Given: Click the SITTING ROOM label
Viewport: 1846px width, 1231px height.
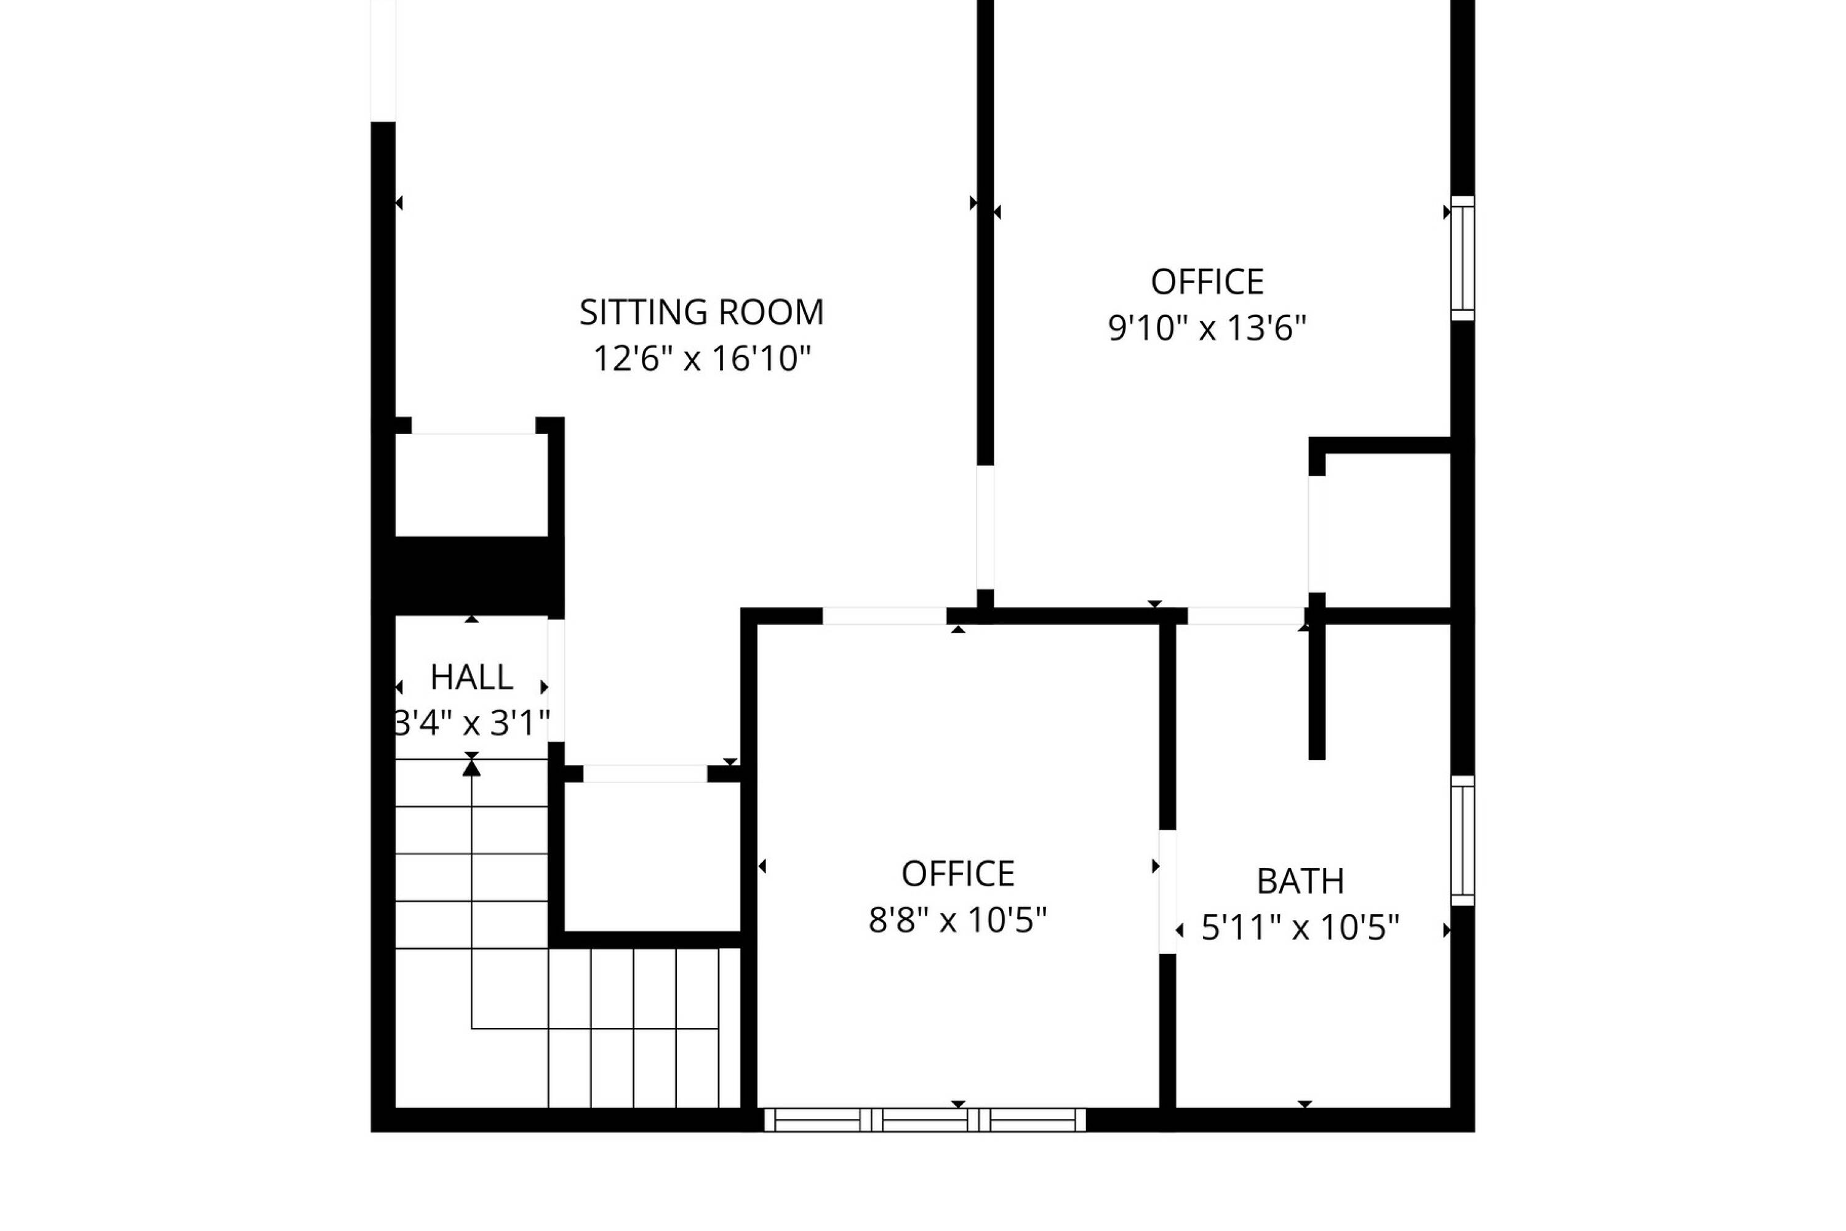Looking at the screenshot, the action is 701,313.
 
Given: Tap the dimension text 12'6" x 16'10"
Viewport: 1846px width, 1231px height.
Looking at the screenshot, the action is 701,359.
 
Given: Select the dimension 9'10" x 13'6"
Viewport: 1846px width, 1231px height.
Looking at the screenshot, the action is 1207,328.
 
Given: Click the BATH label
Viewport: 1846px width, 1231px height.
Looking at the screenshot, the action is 1301,881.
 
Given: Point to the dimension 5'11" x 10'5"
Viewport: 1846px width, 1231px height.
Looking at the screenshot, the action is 1301,928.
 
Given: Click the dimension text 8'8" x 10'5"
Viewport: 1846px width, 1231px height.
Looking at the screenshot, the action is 957,920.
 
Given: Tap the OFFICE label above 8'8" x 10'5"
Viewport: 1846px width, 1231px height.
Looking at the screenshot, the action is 957,874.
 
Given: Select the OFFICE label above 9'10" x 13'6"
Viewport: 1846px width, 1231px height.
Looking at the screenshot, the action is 1207,282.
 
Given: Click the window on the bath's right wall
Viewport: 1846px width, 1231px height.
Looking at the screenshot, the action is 1463,841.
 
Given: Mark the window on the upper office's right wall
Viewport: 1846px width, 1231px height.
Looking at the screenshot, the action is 1463,259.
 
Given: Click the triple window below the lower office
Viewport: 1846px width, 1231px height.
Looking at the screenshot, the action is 925,1120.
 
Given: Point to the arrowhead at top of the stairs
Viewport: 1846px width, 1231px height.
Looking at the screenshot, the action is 472,767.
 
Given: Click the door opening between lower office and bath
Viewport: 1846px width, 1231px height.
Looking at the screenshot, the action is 1168,892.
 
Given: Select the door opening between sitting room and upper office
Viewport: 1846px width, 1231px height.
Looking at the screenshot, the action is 985,527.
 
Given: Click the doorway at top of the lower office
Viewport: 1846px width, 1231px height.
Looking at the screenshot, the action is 885,616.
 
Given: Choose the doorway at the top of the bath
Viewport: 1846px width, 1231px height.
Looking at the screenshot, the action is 1247,616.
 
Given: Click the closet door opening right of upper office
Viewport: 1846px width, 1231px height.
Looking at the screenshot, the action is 1317,534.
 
